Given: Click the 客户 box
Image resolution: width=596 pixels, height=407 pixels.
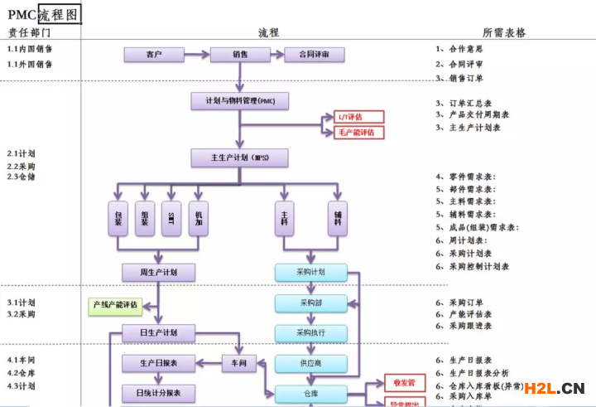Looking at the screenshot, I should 153,55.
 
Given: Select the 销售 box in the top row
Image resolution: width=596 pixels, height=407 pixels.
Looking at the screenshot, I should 240,55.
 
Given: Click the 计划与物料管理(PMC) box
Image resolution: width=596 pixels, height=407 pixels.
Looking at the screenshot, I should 240,101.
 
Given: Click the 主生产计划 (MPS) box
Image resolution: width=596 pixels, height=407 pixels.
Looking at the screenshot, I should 240,157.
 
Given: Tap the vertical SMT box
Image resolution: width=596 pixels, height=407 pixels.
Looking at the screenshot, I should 171,218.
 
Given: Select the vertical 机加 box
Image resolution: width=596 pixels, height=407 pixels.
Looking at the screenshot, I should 199,218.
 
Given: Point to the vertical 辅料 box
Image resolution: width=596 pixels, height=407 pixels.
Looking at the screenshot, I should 338,218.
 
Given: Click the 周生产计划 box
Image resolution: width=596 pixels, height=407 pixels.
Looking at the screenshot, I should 158,272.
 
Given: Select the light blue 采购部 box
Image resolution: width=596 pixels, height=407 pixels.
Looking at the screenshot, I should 310,303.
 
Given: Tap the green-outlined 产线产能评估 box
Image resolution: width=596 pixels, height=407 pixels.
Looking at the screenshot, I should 115,305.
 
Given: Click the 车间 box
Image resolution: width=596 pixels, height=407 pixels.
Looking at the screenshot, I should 240,363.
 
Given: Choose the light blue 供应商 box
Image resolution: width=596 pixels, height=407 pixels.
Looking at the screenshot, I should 310,363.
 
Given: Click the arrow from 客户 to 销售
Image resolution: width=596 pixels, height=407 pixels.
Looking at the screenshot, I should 197,55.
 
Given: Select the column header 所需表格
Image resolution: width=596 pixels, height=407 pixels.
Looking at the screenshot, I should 504,32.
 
